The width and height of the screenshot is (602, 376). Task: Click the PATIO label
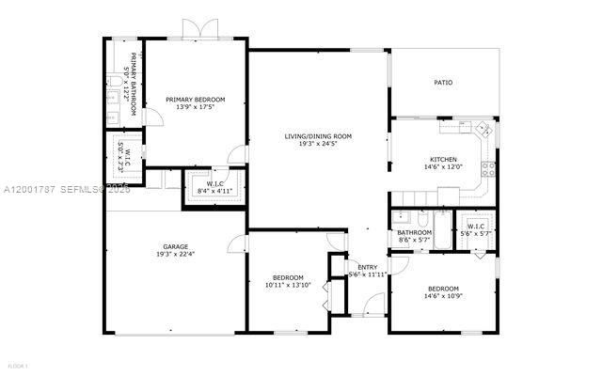[443, 83]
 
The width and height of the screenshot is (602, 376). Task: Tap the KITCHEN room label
[443, 159]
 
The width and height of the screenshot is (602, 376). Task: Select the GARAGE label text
[176, 246]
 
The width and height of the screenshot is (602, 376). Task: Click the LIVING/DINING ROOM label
[318, 136]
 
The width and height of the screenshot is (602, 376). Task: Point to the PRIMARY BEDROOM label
[196, 99]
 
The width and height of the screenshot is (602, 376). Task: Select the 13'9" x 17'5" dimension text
[196, 106]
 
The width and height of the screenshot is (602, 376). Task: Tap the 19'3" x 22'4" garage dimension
[176, 254]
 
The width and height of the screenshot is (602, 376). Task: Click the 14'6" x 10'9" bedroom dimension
[443, 296]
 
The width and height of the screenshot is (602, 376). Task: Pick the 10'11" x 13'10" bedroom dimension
[288, 285]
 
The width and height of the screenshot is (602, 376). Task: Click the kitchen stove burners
[488, 170]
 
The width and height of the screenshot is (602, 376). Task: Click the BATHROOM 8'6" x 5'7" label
[414, 235]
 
